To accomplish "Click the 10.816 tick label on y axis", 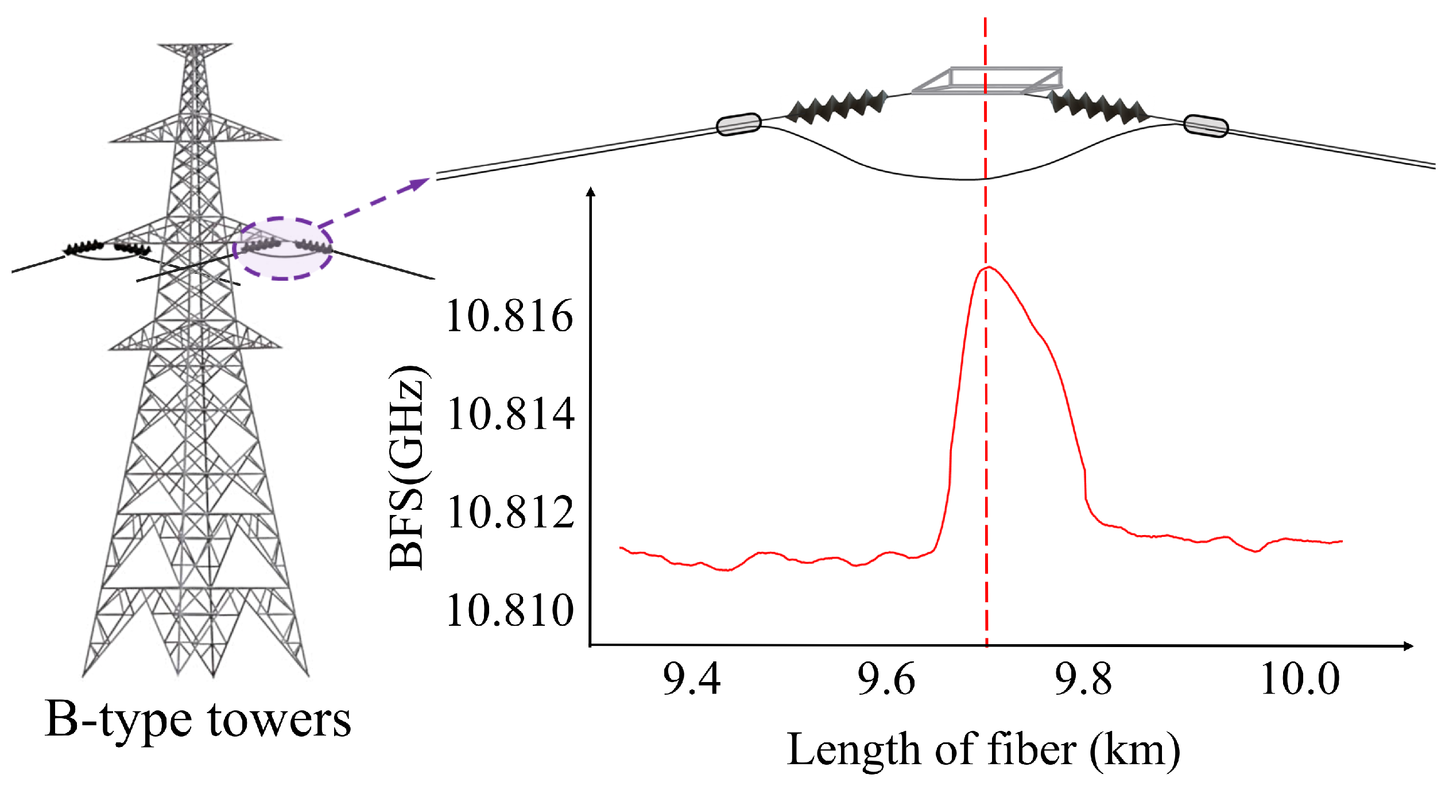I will point(509,316).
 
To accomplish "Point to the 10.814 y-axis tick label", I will point(510,414).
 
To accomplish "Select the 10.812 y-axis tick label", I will point(510,512).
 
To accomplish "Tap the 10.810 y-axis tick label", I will point(509,610).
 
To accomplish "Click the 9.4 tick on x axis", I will point(691,679).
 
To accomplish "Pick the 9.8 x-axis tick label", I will point(1083,679).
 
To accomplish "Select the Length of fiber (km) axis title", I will point(983,749).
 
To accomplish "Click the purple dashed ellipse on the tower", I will point(283,249).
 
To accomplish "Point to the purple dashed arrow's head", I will point(422,183).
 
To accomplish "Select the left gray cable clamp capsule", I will point(739,124).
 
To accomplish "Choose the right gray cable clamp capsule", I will point(1206,126).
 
